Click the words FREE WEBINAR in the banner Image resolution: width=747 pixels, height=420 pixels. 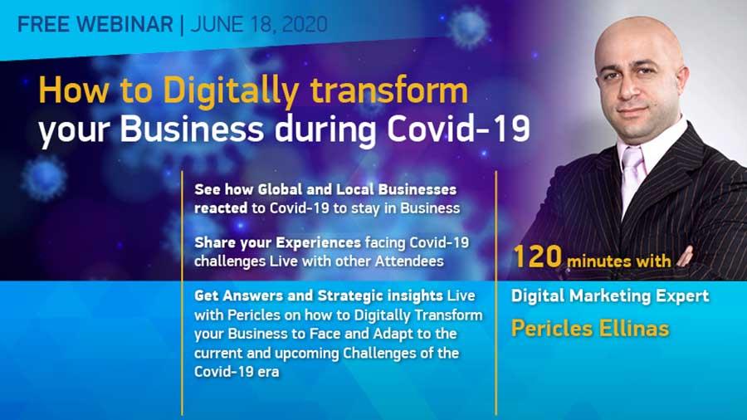(95, 24)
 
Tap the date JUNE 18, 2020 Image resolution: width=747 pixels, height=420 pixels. (259, 25)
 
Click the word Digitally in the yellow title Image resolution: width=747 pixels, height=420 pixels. (231, 91)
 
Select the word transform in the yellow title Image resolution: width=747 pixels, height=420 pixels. (389, 90)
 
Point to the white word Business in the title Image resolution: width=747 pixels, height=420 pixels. (192, 129)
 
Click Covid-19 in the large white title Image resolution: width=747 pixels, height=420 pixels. (458, 129)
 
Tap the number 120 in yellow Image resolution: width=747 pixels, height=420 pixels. (537, 256)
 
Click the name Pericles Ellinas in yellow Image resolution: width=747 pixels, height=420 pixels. (590, 329)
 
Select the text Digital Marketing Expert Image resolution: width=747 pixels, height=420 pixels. (610, 296)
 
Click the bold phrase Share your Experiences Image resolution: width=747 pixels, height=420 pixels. (278, 243)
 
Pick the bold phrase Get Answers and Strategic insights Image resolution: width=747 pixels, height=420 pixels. (319, 295)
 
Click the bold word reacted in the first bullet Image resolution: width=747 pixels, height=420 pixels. (221, 208)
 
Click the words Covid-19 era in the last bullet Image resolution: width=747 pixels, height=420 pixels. (237, 371)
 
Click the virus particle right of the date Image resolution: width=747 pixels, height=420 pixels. (469, 27)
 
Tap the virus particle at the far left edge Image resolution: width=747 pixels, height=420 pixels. (43, 178)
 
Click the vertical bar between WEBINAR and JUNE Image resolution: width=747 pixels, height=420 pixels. (182, 25)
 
